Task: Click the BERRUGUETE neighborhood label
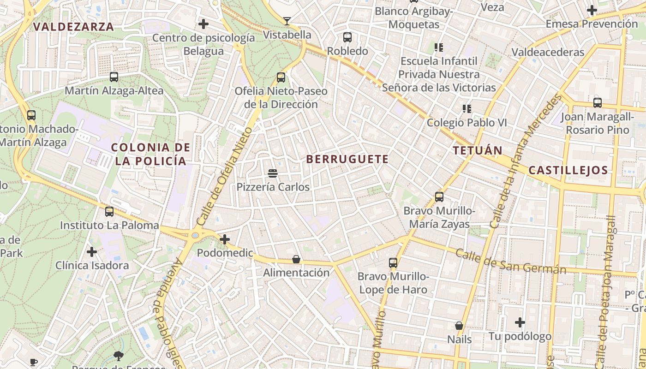click(347, 160)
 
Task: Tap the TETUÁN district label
click(477, 150)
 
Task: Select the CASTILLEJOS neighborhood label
click(568, 170)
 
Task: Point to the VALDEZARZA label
click(74, 27)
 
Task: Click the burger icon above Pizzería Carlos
click(273, 173)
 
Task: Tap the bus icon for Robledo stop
click(347, 37)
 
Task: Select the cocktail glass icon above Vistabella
click(287, 21)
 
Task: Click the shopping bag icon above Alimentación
click(296, 260)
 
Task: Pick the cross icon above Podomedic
click(225, 239)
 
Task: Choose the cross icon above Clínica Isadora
click(92, 252)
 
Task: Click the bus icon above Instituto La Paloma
click(109, 212)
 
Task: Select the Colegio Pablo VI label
click(467, 123)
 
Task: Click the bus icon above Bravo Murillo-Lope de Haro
click(393, 263)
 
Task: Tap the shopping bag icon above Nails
click(459, 326)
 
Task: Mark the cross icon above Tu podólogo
click(520, 322)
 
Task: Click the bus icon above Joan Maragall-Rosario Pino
click(598, 103)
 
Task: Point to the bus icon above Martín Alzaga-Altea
click(114, 77)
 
